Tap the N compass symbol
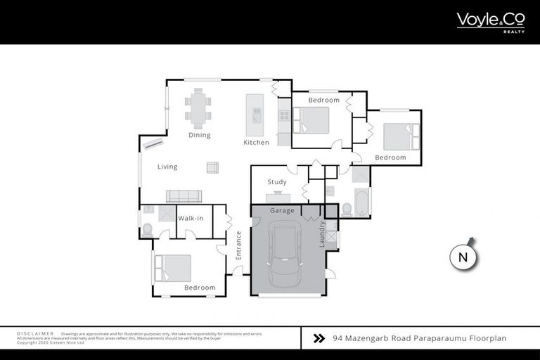coord(463,257)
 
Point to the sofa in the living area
coord(184,196)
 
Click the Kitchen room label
coord(256,143)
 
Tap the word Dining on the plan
coord(199,135)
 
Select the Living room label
coord(167,167)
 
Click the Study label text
coord(276,182)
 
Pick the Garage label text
coord(282,210)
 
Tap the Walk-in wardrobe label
coord(191,218)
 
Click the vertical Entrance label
coord(238,246)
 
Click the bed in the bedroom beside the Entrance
coord(173,268)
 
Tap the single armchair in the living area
coord(212,167)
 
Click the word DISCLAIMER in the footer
coord(35,333)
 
